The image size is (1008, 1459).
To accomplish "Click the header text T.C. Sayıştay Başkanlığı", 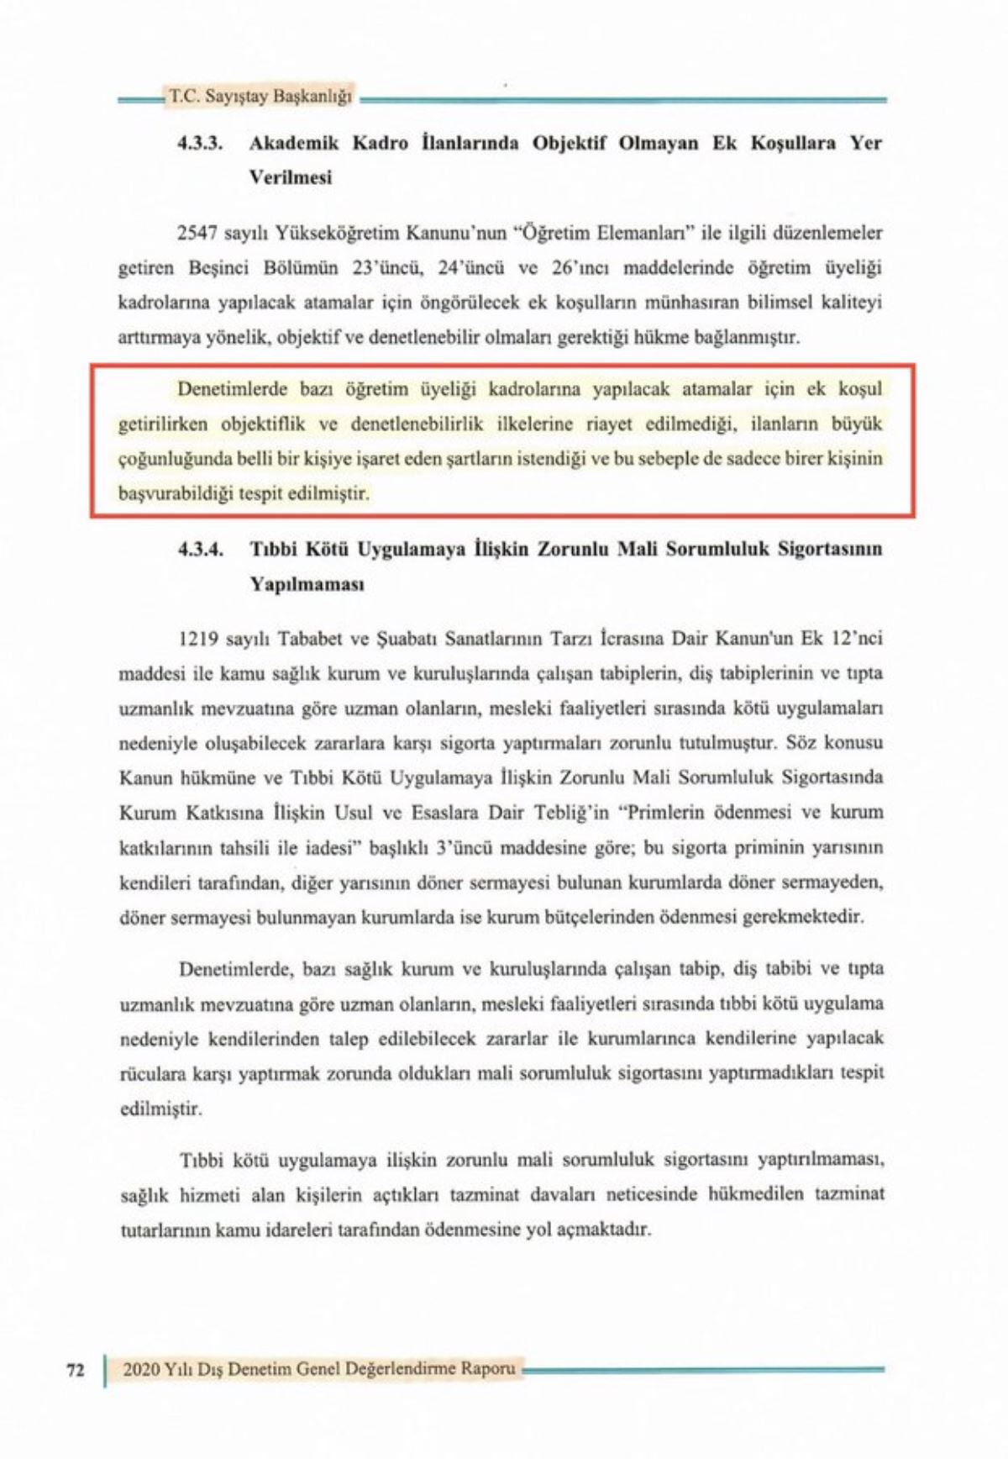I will [x=260, y=97].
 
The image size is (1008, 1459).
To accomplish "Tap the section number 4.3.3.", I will [x=199, y=143].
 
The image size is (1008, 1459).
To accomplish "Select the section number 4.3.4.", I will [x=199, y=550].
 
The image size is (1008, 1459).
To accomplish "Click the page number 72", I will [x=76, y=1370].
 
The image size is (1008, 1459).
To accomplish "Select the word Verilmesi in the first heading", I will [x=290, y=177].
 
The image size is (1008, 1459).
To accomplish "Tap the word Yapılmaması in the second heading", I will [x=306, y=584].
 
